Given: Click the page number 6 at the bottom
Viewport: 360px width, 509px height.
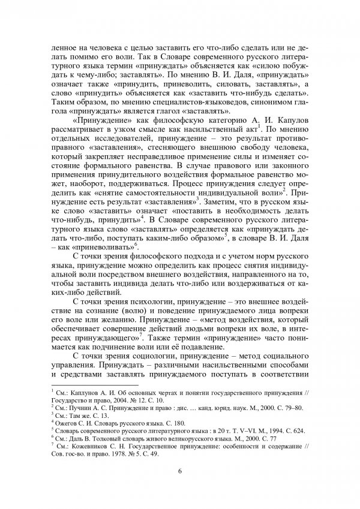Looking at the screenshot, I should click(x=180, y=470).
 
